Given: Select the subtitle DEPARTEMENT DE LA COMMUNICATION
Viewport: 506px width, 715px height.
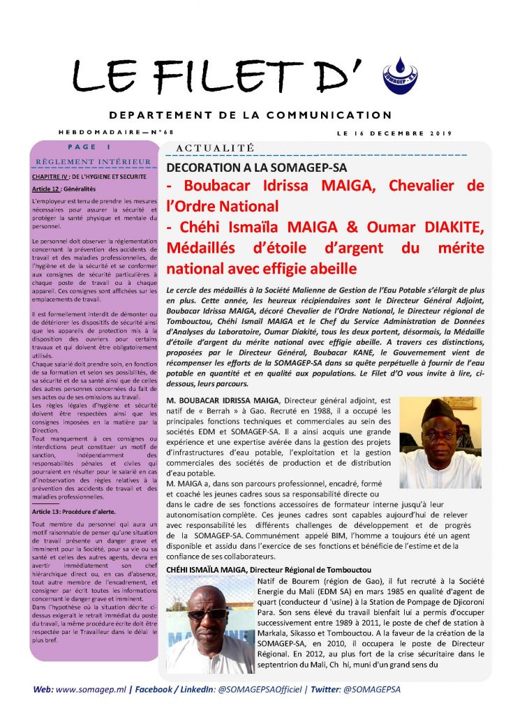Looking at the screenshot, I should point(251,115).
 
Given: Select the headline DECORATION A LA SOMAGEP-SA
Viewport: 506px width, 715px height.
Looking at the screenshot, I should point(257,168).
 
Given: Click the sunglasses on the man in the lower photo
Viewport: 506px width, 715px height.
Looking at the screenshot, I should point(207,614).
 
